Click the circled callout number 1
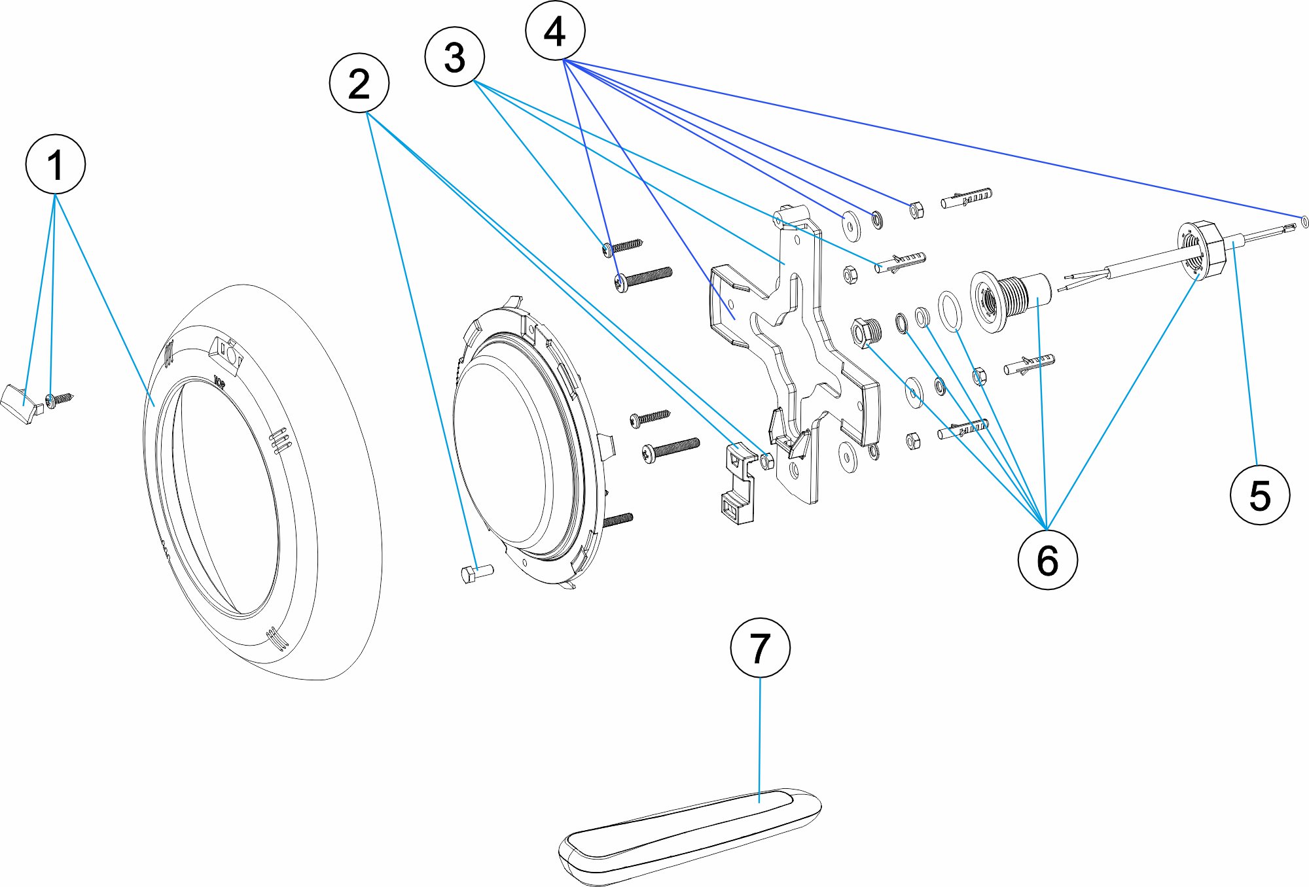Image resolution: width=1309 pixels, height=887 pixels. coord(56,164)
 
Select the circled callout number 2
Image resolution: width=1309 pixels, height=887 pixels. coord(359,83)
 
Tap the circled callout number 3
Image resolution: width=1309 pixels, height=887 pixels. coord(455,56)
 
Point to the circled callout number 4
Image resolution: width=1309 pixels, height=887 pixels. coord(555,31)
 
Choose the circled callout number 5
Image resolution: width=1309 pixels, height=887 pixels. coord(1260,495)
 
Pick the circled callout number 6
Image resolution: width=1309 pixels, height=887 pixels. coord(1047,560)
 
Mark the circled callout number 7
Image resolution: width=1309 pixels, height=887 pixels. coord(760,648)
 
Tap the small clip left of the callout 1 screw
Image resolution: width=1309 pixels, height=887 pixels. coord(21,404)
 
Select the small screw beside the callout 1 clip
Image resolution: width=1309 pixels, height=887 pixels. coord(58,399)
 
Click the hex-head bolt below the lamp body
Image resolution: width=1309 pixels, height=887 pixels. coord(476,573)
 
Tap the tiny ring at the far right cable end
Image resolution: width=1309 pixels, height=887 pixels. coord(1305,222)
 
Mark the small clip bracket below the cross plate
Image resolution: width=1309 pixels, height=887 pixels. coord(738,484)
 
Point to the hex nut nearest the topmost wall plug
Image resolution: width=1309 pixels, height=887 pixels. coord(916,210)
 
